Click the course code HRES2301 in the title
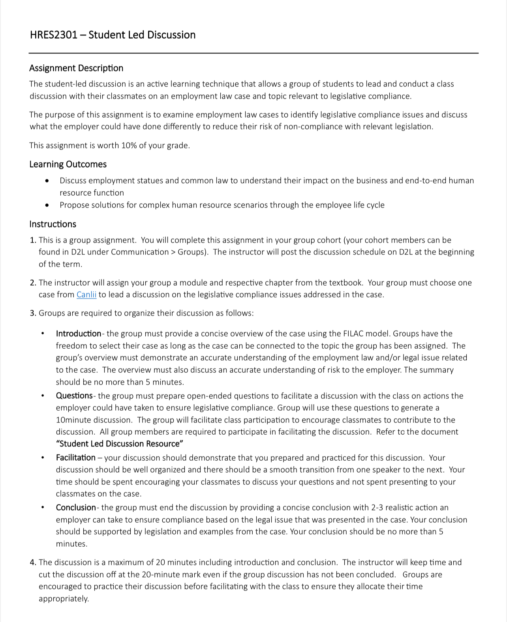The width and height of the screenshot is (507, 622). coord(53,35)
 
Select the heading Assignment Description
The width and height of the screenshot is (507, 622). coord(76,68)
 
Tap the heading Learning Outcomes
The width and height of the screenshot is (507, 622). coord(68,164)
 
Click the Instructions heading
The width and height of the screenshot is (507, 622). coord(53,224)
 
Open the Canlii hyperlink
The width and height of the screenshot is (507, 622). coord(86,295)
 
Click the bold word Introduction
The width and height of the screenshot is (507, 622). coord(79,334)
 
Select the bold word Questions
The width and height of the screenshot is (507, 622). coord(74,396)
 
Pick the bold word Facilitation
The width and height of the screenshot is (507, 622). coord(76,458)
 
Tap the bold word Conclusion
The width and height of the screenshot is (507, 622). coord(76,508)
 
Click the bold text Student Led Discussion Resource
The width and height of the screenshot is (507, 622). coord(119,444)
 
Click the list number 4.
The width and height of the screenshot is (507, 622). coord(33,562)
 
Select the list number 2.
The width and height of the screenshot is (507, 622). coord(33,283)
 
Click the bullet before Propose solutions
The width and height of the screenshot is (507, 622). coord(47,205)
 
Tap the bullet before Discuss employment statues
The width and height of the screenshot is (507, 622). coord(47,181)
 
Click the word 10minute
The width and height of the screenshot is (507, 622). coord(73,420)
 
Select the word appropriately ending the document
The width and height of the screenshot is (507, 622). coord(63,599)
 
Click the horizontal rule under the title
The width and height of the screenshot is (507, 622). coord(253,53)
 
